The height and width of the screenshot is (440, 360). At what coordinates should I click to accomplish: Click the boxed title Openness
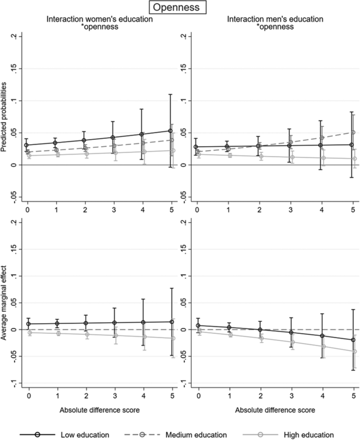tap(180, 8)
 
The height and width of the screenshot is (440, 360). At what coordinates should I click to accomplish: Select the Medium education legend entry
tap(196, 434)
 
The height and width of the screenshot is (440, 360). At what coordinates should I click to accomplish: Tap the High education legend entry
tap(308, 434)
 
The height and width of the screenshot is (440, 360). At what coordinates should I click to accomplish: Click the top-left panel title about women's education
tap(99, 23)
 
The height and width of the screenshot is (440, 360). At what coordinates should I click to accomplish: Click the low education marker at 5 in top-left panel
tap(170, 131)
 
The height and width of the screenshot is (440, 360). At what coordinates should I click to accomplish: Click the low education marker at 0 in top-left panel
tap(27, 145)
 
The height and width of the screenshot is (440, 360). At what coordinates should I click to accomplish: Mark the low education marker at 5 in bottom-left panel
tap(170, 322)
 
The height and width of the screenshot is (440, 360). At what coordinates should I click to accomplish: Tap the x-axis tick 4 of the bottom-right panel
tap(323, 395)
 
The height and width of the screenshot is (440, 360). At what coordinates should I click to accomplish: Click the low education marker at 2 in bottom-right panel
tap(260, 330)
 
